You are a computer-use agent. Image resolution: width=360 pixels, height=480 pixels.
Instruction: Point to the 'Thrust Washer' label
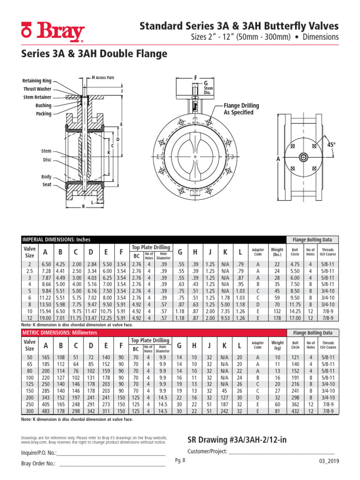click(37, 89)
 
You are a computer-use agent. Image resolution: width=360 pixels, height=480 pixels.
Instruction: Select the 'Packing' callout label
click(44, 114)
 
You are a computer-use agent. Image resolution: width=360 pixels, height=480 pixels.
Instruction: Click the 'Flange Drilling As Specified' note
click(239, 109)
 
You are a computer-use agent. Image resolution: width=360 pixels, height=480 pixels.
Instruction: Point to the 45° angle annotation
click(331, 145)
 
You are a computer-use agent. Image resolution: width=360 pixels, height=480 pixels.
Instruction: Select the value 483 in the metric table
click(45, 412)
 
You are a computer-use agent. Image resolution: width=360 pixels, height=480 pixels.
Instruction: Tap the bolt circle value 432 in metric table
click(295, 412)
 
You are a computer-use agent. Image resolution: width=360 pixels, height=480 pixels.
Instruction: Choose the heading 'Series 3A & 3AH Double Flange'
click(94, 54)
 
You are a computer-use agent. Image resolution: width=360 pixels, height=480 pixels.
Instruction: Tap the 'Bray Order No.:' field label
click(38, 464)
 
